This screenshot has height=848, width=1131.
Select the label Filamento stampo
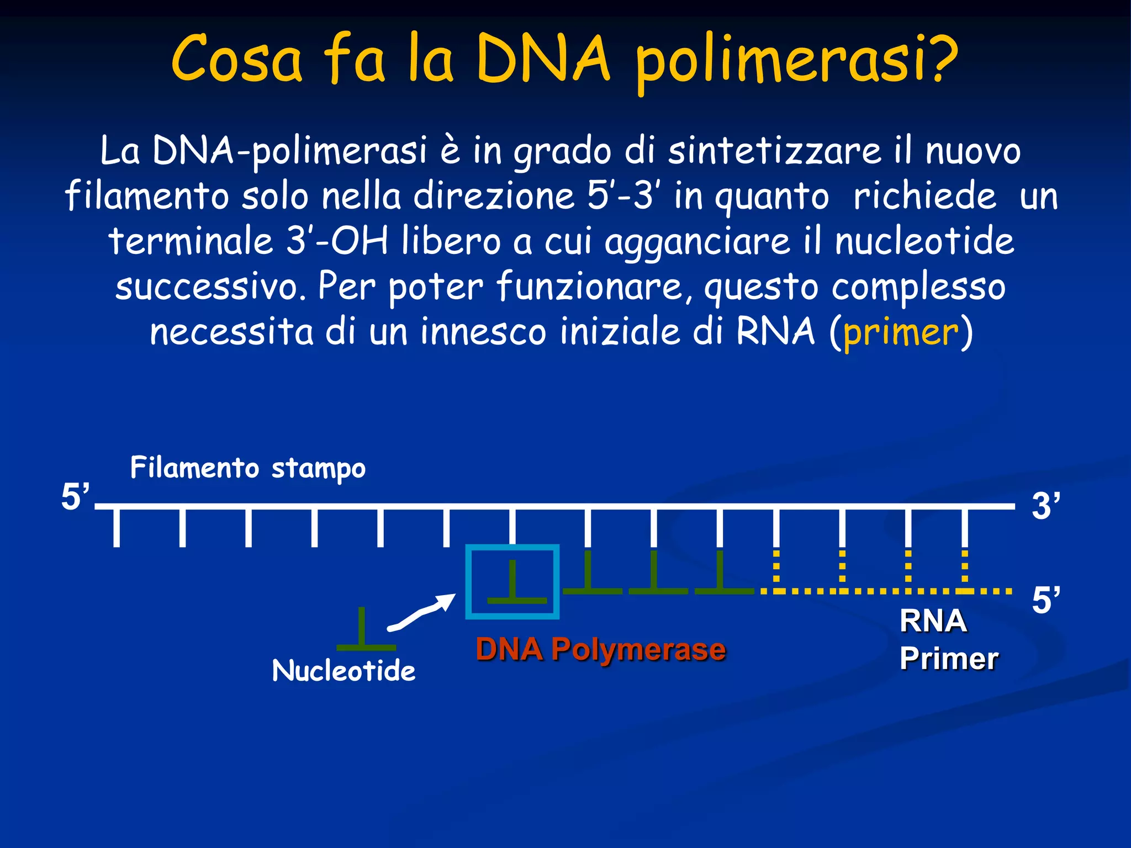click(248, 468)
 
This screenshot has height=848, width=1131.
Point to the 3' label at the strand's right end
click(1045, 506)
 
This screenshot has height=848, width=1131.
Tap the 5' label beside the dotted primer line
click(1045, 600)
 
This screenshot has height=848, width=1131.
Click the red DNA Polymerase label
click(601, 649)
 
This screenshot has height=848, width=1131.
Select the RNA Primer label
click(948, 639)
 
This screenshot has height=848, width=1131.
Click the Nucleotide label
click(343, 671)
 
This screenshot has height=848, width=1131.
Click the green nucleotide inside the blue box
click(514, 585)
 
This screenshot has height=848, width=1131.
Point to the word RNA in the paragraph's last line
click(775, 332)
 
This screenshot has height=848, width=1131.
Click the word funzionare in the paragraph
click(589, 287)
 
